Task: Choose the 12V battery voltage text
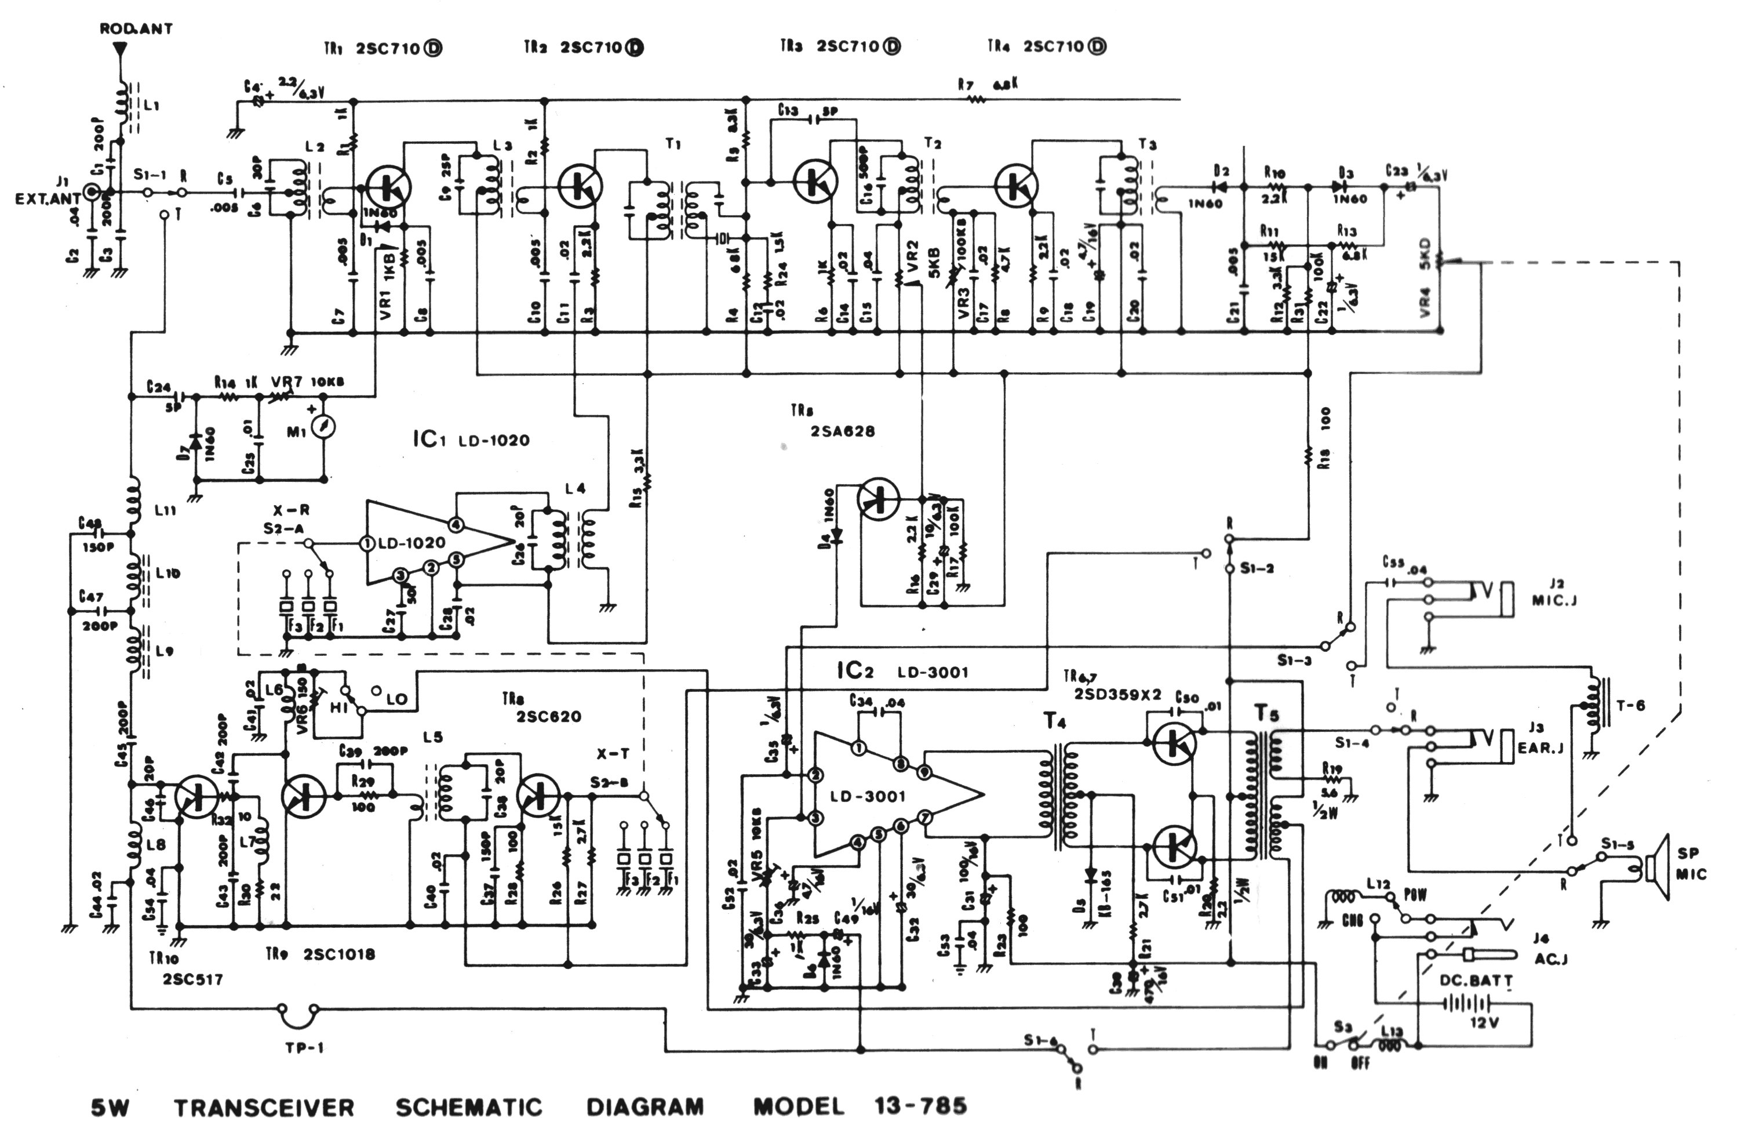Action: [1484, 1023]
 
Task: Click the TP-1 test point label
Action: [304, 1048]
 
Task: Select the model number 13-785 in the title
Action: [920, 1106]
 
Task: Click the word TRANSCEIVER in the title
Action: [264, 1108]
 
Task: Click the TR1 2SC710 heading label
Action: [383, 49]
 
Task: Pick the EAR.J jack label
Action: [1540, 747]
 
